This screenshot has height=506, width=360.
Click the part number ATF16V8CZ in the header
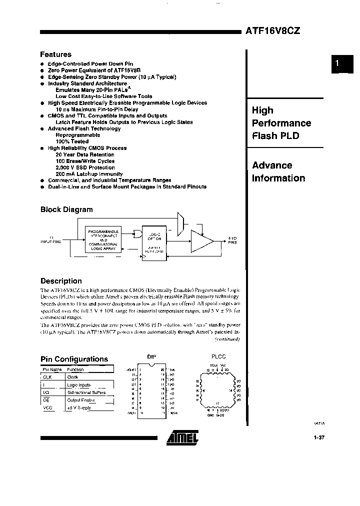[272, 30]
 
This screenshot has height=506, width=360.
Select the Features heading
[56, 54]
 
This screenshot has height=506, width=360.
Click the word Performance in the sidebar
[281, 123]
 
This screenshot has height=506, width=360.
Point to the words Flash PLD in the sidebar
[275, 135]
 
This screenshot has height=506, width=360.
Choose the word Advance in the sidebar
[272, 165]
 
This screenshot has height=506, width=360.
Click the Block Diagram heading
[66, 210]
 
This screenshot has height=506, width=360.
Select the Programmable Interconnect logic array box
[103, 239]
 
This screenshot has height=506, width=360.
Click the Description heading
[61, 281]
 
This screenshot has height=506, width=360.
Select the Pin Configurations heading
[74, 359]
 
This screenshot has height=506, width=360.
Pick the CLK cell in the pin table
[47, 377]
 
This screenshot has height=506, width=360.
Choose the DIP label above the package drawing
[152, 356]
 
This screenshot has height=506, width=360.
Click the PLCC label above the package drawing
[218, 356]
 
